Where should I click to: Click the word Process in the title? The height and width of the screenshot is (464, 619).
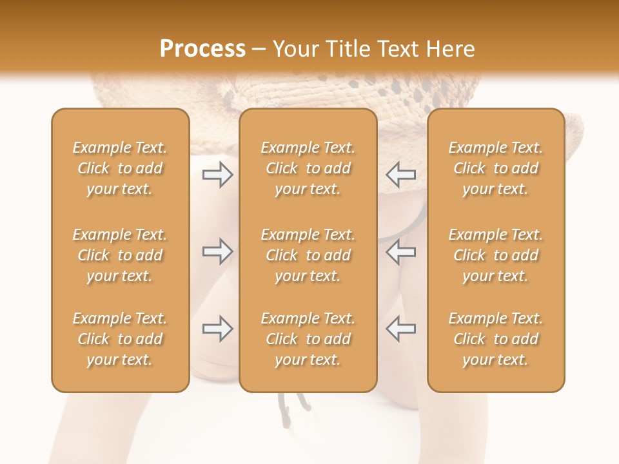pos(202,49)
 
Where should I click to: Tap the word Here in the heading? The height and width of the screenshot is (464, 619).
pos(451,49)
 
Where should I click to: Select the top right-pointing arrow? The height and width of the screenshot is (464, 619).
pos(217,174)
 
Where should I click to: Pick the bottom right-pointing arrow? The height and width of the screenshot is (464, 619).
pos(217,329)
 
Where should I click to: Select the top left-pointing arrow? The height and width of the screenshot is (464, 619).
pos(400,174)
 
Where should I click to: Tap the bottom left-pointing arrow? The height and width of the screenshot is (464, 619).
pos(400,329)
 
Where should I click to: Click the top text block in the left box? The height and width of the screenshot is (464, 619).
pos(120,168)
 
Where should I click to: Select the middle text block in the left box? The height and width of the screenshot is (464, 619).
pos(120,255)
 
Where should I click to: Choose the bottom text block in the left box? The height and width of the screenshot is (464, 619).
pos(120,339)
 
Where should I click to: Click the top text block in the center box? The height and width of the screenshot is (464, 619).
pos(308,168)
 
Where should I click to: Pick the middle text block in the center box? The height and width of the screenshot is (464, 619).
pos(308,255)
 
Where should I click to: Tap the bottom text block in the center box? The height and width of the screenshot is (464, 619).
pos(308,339)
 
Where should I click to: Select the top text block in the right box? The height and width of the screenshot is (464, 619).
pos(496,168)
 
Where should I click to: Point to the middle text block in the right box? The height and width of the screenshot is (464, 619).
pos(496,255)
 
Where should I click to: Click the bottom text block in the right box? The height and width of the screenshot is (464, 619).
pos(496,339)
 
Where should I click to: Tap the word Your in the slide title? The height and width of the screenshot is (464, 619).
pos(295,49)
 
